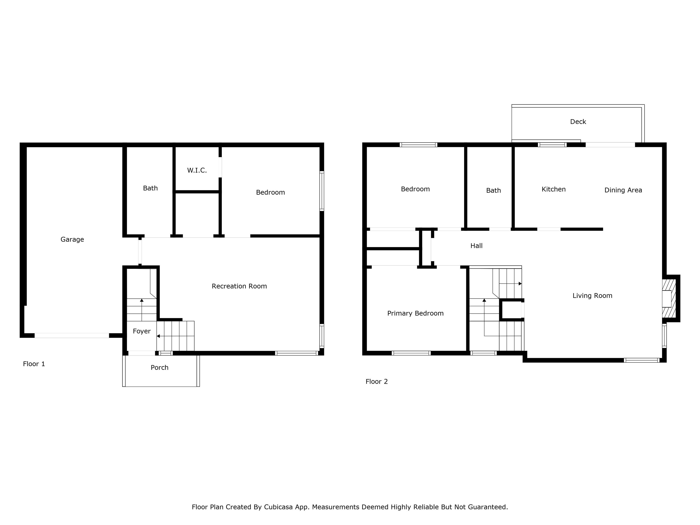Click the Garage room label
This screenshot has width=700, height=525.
[x=72, y=239]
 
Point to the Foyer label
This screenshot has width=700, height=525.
[x=142, y=331]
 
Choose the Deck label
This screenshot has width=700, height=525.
[x=578, y=122]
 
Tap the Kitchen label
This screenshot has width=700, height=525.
[x=553, y=189]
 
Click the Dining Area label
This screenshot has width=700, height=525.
[x=623, y=190]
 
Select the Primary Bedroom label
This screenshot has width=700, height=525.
[x=415, y=313]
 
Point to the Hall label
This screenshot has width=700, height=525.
[x=476, y=246]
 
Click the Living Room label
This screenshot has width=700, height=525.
[x=592, y=296]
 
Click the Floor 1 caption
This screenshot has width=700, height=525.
[x=34, y=364]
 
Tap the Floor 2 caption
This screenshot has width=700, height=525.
[x=377, y=382]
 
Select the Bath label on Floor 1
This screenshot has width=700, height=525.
[x=150, y=188]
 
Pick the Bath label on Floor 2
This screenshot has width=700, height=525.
[x=493, y=190]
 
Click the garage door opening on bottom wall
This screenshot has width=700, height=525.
[x=72, y=335]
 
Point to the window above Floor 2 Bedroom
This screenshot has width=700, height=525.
[x=418, y=145]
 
